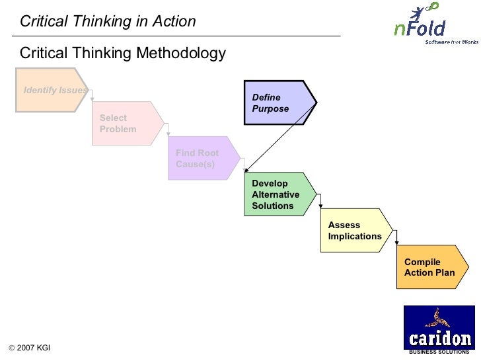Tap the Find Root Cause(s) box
pos(202,159)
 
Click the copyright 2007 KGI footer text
pos(29,348)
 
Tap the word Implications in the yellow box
pos(355,236)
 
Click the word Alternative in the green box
pos(276,194)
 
